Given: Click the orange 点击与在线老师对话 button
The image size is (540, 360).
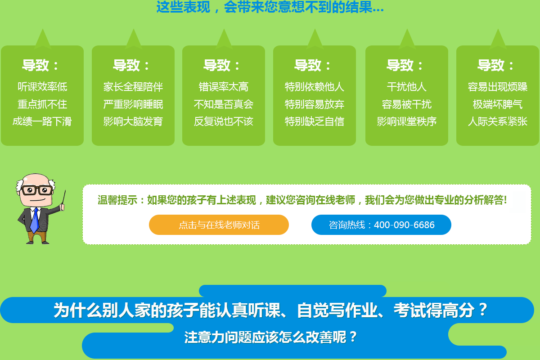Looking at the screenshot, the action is (x=219, y=225).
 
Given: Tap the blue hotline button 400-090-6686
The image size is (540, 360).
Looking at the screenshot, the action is (x=381, y=225).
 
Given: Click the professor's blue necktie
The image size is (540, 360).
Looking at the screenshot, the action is (x=35, y=220).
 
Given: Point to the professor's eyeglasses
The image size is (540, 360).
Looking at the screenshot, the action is (x=37, y=190).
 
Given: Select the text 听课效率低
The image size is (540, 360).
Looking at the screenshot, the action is (x=42, y=87).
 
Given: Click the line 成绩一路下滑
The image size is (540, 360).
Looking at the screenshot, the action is (x=42, y=121).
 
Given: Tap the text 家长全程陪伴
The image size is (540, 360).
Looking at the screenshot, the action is (x=133, y=87).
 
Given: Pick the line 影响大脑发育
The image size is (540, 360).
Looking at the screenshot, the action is (x=133, y=121).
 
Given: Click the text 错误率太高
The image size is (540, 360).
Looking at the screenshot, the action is (x=224, y=87).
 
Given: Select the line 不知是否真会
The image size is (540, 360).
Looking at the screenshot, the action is (x=224, y=104).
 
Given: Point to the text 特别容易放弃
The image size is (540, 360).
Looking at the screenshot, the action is (x=315, y=104).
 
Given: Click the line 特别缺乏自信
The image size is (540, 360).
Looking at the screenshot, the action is (x=315, y=121).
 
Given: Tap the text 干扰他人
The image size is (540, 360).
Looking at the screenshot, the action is (x=407, y=87).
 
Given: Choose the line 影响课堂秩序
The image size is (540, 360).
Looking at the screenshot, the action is (x=407, y=121).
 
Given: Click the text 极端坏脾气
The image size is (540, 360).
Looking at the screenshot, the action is (x=498, y=104).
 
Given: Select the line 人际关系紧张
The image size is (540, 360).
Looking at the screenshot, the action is (x=498, y=121).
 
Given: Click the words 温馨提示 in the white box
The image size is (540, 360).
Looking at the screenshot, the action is (x=117, y=200).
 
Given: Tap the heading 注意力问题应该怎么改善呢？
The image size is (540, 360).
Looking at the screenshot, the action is (x=270, y=337).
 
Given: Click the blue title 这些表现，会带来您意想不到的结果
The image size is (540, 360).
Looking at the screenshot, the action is (x=270, y=7).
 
